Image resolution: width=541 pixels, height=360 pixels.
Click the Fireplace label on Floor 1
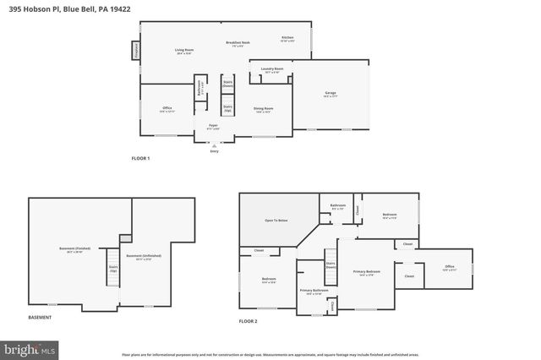[134, 51]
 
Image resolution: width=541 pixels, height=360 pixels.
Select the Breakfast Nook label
[238, 44]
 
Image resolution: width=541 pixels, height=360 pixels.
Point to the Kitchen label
[287, 39]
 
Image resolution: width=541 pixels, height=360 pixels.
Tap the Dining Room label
[264, 109]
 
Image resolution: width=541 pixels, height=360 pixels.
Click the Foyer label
[214, 127]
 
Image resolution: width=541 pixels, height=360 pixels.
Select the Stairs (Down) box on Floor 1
[227, 85]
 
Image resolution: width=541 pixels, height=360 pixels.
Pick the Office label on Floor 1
[167, 109]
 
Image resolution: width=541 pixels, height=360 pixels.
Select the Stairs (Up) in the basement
[112, 270]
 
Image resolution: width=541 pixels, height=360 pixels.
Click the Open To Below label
[276, 220]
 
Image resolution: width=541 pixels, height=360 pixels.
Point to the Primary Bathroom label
[314, 292]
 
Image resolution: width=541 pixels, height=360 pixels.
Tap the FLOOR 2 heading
[248, 322]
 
